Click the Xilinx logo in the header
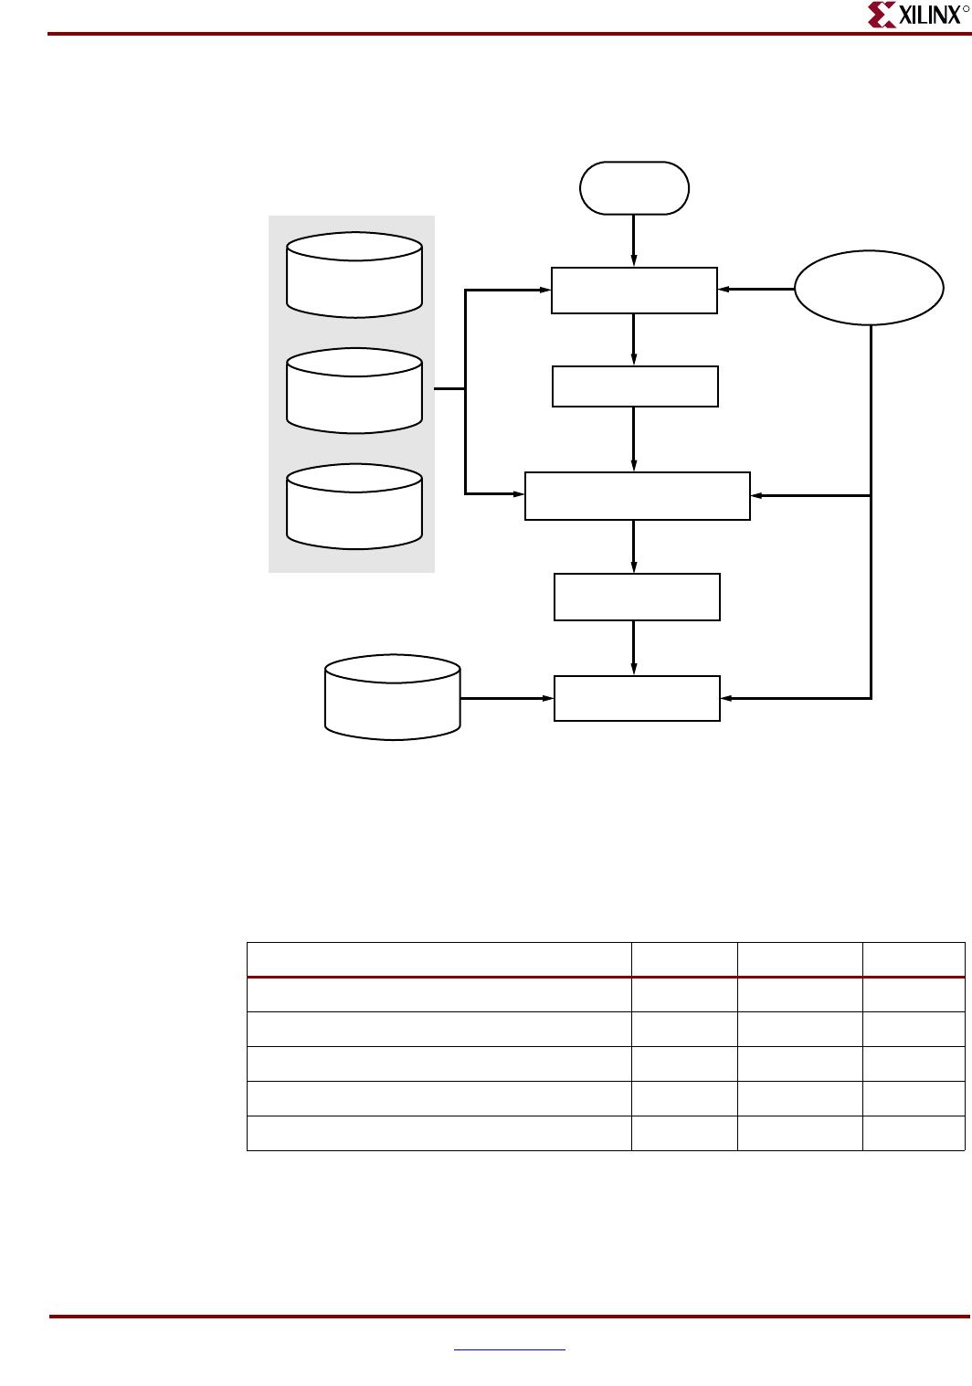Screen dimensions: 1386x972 [916, 16]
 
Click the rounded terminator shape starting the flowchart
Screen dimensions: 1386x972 [634, 188]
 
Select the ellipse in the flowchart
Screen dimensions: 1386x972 [869, 288]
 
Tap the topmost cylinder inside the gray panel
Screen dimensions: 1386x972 [354, 275]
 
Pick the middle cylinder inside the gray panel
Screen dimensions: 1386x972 [354, 391]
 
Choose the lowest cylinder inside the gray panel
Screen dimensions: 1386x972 [354, 507]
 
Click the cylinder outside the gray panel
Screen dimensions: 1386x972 [393, 697]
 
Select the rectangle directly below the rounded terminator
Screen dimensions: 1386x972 [634, 291]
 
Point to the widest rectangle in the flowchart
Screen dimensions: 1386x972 [637, 496]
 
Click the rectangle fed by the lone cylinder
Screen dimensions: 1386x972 [637, 698]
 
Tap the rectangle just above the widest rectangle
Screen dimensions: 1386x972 [635, 386]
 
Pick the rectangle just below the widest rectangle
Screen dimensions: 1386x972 [637, 597]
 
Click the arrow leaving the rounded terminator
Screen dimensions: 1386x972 [634, 240]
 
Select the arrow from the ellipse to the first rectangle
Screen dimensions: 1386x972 [756, 289]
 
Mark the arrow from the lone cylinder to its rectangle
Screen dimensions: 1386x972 [507, 698]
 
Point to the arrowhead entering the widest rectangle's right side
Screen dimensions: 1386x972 [755, 495]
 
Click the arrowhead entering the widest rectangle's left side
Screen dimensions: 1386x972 [520, 493]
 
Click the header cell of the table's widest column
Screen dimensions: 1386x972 [438, 960]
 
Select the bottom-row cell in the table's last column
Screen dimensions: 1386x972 [914, 1133]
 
